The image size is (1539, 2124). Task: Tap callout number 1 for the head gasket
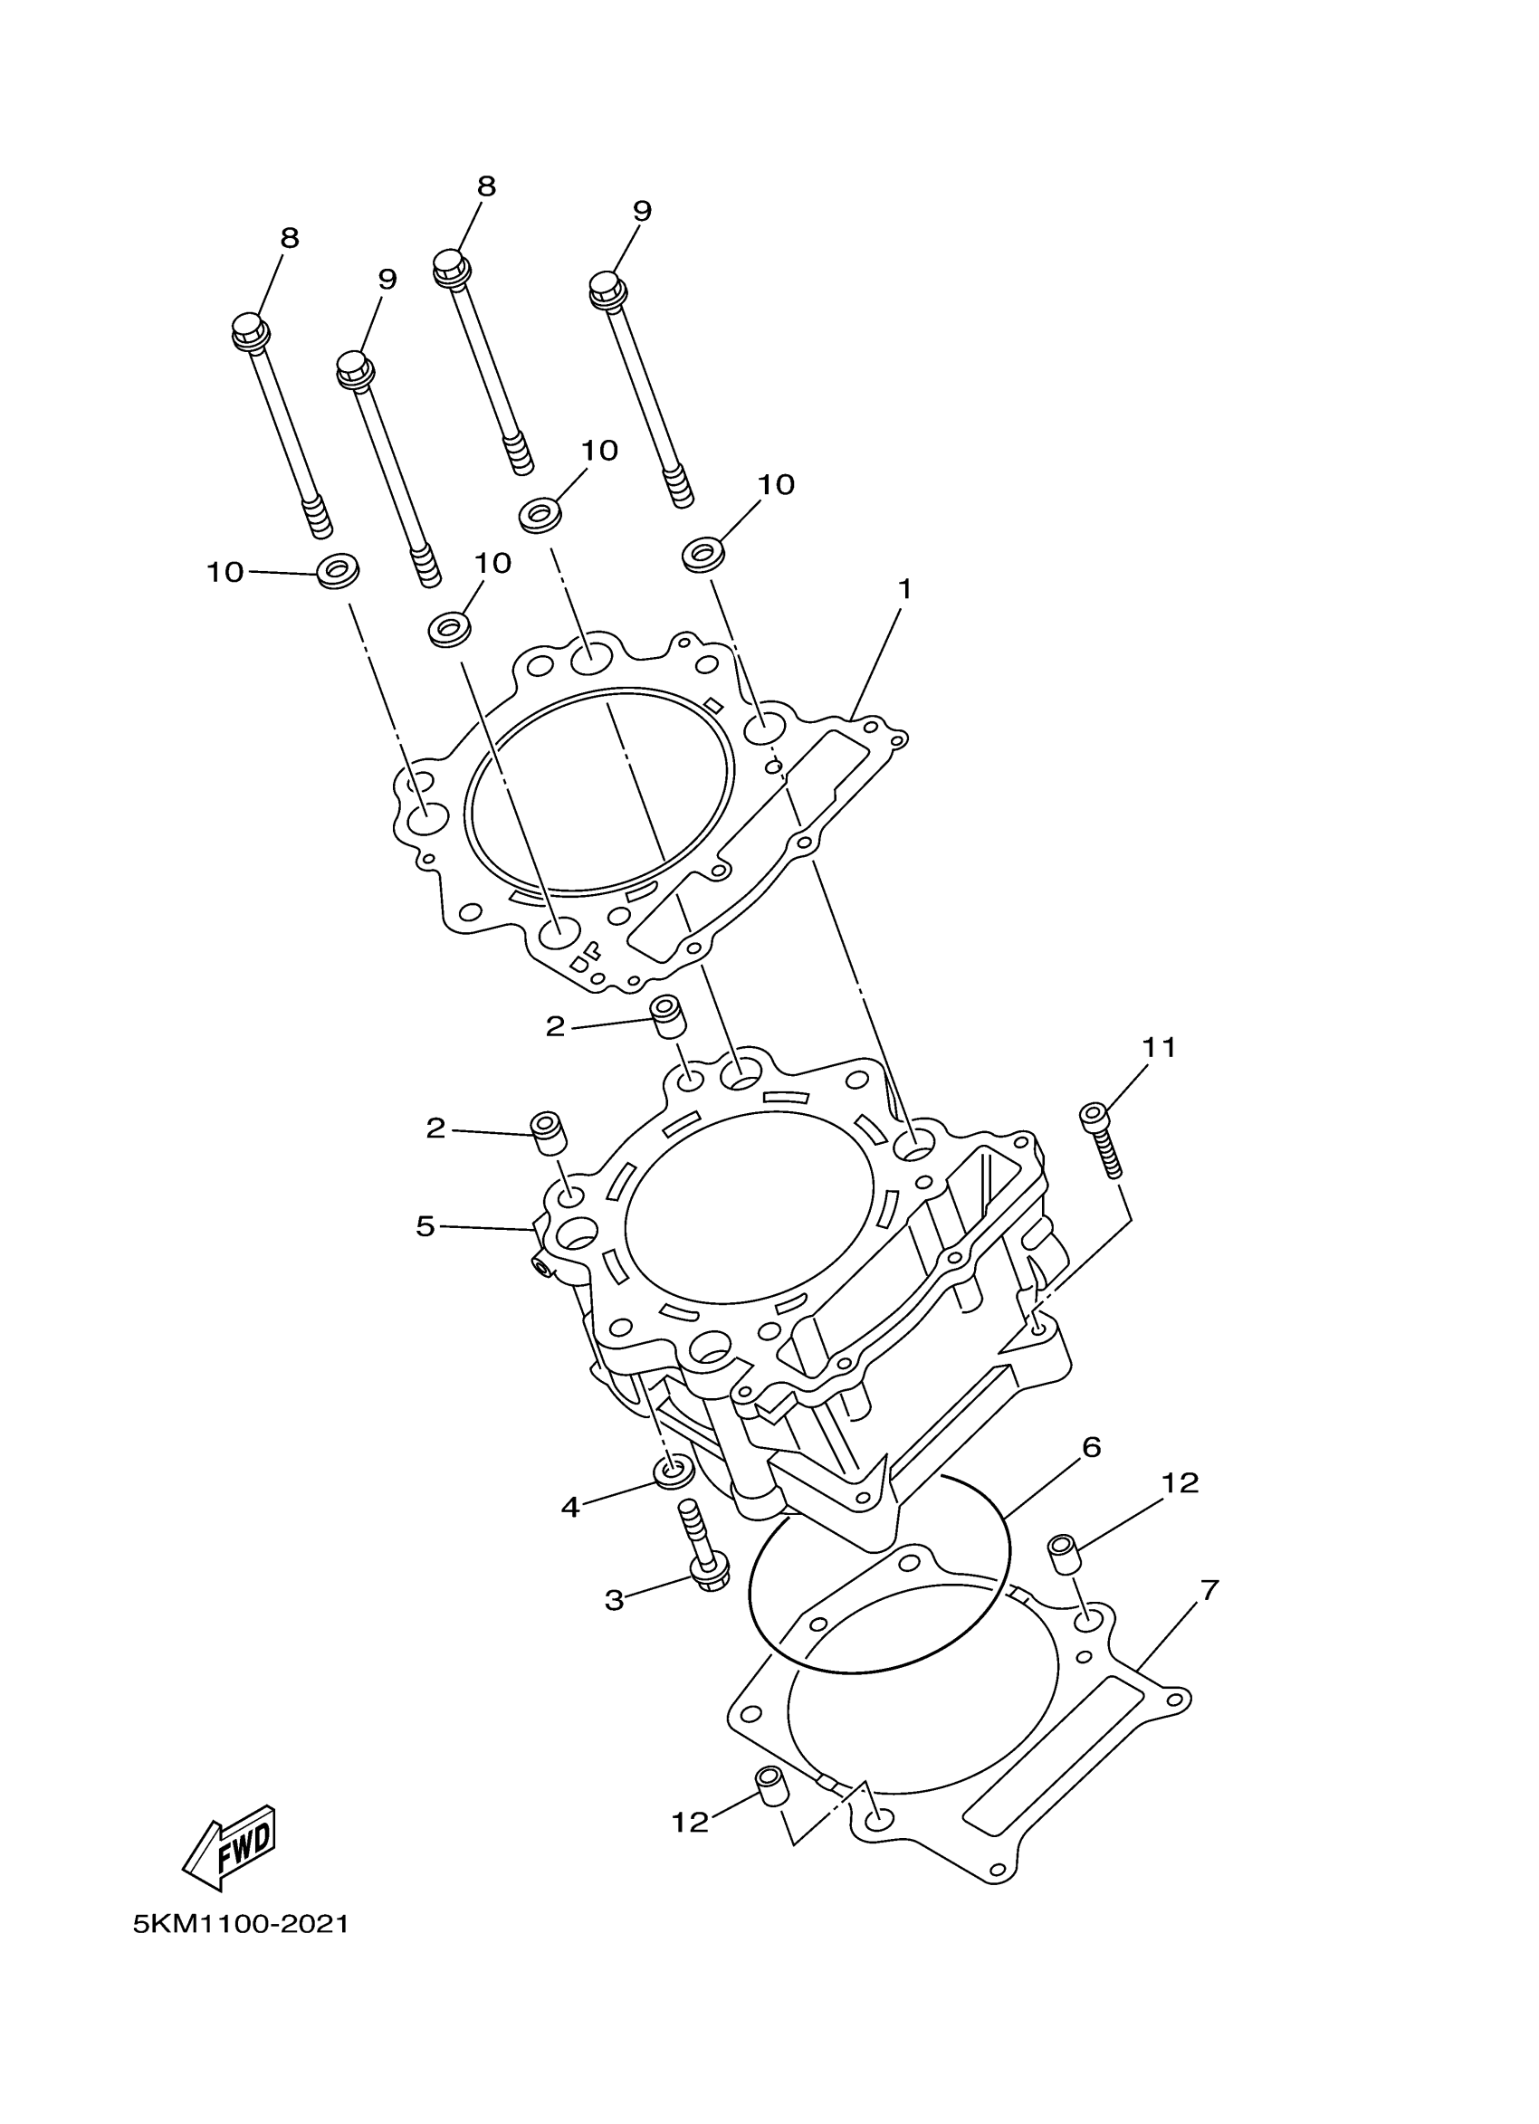903,589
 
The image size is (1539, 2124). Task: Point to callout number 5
425,1226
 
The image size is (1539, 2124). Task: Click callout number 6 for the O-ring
1091,1447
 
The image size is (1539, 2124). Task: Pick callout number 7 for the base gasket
1209,1590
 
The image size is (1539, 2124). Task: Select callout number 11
1158,1047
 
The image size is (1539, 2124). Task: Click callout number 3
614,1599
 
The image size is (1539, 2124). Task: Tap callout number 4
570,1507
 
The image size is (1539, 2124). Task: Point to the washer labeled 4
674,1472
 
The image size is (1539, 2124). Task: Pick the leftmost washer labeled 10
339,569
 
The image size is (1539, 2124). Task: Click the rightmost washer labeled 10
702,554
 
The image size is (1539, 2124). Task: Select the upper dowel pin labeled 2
666,1016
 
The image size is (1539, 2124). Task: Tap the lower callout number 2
435,1129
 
